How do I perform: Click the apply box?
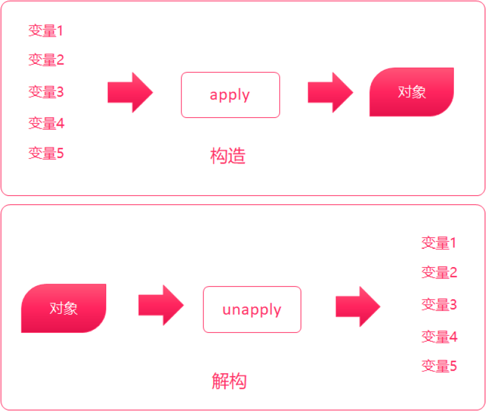pyautogui.click(x=230, y=95)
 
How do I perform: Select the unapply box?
pyautogui.click(x=252, y=309)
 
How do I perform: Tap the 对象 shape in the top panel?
pyautogui.click(x=411, y=92)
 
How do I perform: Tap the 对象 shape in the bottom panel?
pyautogui.click(x=63, y=308)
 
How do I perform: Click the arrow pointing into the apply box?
pyautogui.click(x=130, y=92)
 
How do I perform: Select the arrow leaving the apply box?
pyautogui.click(x=330, y=92)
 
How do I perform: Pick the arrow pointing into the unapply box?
pyautogui.click(x=161, y=305)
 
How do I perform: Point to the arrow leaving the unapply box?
pyautogui.click(x=357, y=306)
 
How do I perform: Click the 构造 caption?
pyautogui.click(x=228, y=156)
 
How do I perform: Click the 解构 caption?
pyautogui.click(x=229, y=381)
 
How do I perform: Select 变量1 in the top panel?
pyautogui.click(x=46, y=31)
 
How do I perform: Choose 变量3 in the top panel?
pyautogui.click(x=46, y=92)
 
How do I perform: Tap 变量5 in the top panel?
pyautogui.click(x=46, y=154)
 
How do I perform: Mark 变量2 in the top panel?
pyautogui.click(x=46, y=60)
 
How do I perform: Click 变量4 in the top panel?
pyautogui.click(x=46, y=123)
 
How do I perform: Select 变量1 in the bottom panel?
pyautogui.click(x=439, y=243)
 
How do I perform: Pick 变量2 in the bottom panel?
pyautogui.click(x=439, y=272)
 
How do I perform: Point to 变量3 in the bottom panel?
pyautogui.click(x=439, y=305)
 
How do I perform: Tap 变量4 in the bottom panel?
pyautogui.click(x=439, y=337)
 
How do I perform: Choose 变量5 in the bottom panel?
pyautogui.click(x=439, y=366)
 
